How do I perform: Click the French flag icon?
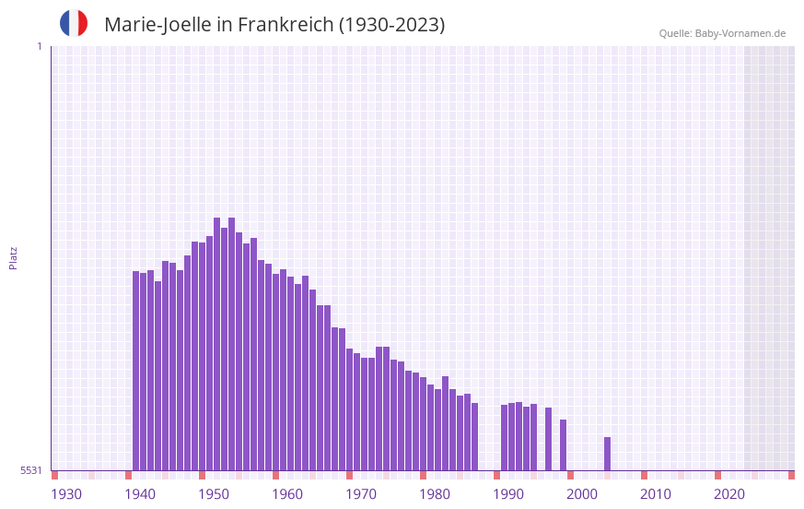click(74, 23)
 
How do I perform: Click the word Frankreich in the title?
click(285, 25)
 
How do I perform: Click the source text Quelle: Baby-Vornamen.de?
click(722, 33)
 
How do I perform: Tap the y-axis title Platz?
click(13, 257)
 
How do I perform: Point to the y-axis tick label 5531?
click(31, 470)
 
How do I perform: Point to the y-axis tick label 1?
click(39, 46)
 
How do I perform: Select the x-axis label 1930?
click(66, 494)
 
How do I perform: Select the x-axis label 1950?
click(214, 494)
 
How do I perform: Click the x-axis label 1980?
click(435, 494)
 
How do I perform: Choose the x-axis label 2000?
click(582, 494)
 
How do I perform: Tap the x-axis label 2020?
click(729, 494)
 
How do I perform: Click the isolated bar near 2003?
click(607, 454)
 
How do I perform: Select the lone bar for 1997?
click(563, 445)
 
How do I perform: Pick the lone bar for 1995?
click(548, 439)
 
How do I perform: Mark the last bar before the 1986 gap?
click(474, 436)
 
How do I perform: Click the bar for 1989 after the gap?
click(504, 437)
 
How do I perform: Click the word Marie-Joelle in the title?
click(157, 25)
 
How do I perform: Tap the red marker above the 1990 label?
click(496, 475)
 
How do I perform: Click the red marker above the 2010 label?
click(644, 475)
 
